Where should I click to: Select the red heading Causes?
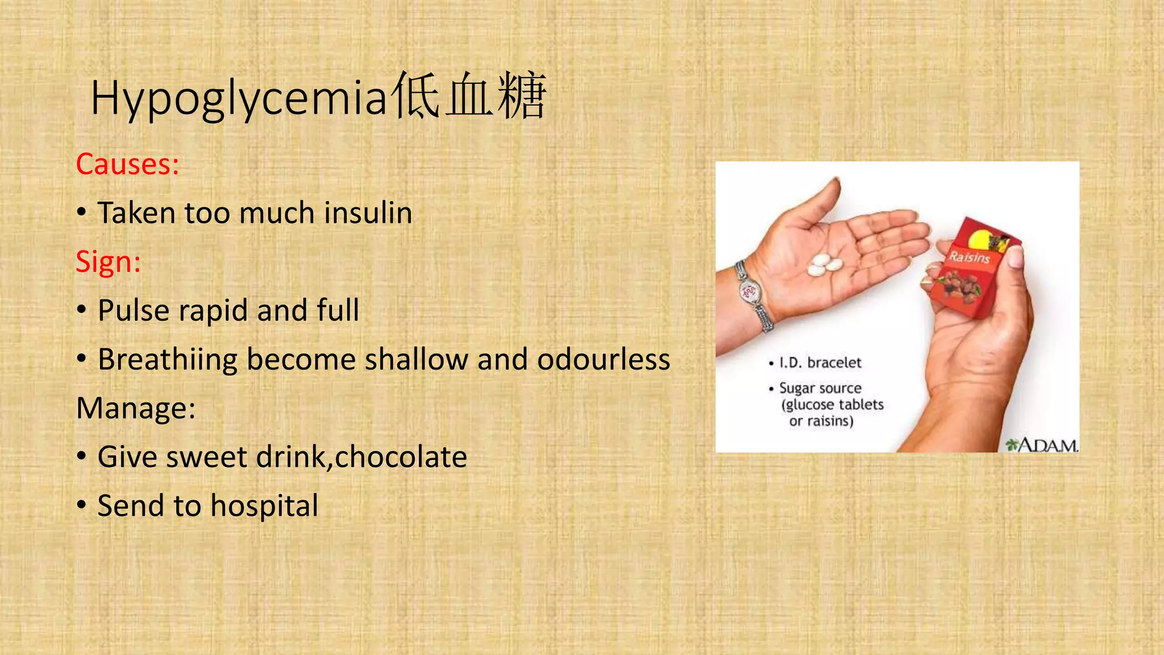128,164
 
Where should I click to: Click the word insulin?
368,213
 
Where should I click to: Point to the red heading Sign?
108,262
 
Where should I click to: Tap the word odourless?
604,359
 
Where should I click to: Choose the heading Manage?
136,408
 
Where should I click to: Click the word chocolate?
401,457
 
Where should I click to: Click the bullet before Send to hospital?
82,505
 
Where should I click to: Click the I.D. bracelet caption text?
820,363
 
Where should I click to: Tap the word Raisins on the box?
970,257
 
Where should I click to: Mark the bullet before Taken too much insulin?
82,212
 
